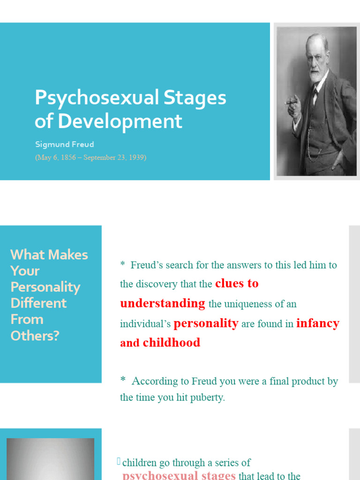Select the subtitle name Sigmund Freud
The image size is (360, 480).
click(64, 144)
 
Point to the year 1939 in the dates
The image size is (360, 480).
click(135, 157)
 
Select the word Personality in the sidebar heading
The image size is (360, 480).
click(45, 287)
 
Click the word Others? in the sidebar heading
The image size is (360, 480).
click(35, 336)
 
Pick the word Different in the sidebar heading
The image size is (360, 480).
click(38, 303)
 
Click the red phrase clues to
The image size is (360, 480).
click(237, 284)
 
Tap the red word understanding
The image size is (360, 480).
click(163, 303)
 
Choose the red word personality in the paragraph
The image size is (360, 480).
click(206, 323)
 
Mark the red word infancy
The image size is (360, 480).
click(317, 323)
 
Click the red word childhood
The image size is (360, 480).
click(172, 343)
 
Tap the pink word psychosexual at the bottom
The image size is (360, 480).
click(159, 475)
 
